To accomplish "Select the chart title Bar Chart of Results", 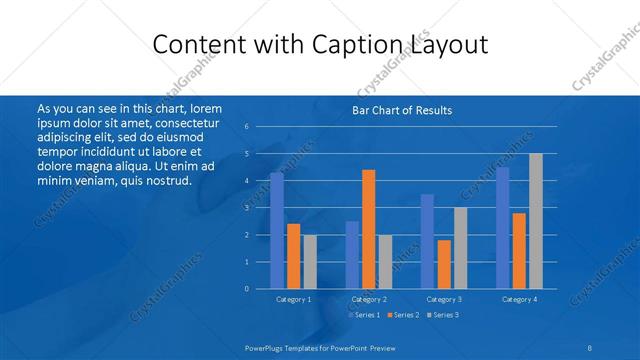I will [x=402, y=110].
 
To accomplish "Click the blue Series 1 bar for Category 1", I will [x=276, y=231].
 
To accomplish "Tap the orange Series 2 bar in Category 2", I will [x=368, y=229].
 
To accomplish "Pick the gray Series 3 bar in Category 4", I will [x=535, y=221].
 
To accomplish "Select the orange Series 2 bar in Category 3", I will [x=444, y=264].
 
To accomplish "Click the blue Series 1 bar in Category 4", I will [x=502, y=228].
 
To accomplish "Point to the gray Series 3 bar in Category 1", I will [x=310, y=262].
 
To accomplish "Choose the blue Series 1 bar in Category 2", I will [x=352, y=255].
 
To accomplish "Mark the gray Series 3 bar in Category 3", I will [x=460, y=248].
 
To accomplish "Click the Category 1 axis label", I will [x=293, y=299].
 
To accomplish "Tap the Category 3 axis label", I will [x=444, y=299].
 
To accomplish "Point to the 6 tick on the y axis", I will [x=247, y=127].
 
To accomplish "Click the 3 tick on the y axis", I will [x=247, y=208].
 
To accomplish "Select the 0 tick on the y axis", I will [x=247, y=289].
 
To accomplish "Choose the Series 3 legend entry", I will [x=442, y=315].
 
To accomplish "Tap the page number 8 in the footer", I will [x=590, y=346].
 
